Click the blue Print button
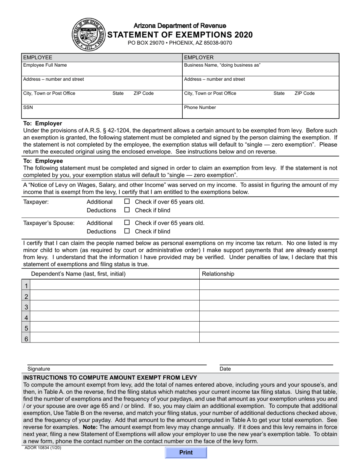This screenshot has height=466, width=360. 186,452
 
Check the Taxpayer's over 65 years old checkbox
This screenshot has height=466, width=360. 127,202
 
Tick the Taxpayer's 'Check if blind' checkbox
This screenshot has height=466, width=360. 127,210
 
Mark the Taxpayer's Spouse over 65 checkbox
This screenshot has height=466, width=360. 127,223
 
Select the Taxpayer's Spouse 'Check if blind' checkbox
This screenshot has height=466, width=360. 127,231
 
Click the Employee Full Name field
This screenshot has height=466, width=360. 102,71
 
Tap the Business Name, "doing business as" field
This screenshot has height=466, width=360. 261,71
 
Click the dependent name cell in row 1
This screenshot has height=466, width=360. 114,285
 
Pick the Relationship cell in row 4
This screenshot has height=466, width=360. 269,317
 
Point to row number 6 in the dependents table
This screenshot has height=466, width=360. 26,338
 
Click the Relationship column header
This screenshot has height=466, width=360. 218,274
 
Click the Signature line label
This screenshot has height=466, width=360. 39,369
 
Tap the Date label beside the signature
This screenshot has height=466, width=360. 225,369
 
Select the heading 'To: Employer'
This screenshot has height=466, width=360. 43,124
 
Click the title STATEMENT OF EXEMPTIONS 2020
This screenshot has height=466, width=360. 180,35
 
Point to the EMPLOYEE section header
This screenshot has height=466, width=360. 38,58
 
